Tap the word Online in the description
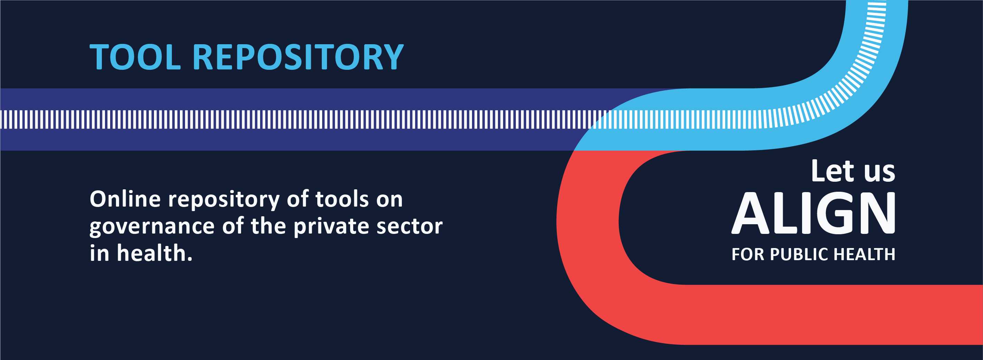125,199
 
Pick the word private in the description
331,226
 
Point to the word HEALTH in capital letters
864,254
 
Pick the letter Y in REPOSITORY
392,57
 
